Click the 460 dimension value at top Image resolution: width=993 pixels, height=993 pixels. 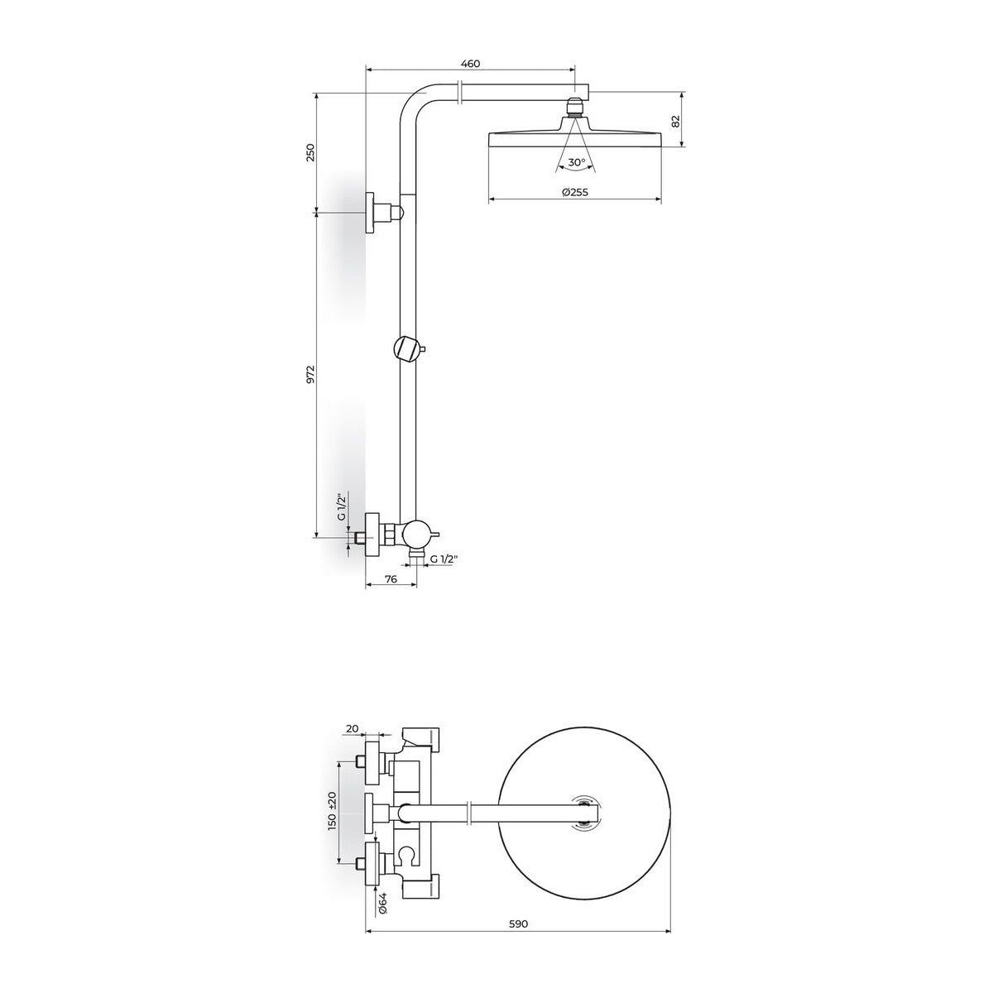[x=469, y=64]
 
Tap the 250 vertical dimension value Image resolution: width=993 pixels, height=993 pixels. [x=310, y=152]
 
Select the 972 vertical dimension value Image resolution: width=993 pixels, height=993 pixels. [x=310, y=374]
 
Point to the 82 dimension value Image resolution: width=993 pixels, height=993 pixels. [x=676, y=121]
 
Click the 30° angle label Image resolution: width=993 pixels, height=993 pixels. [x=577, y=162]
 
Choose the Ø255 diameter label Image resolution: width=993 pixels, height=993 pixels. [x=574, y=192]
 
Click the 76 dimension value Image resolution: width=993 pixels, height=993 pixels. [x=391, y=579]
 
